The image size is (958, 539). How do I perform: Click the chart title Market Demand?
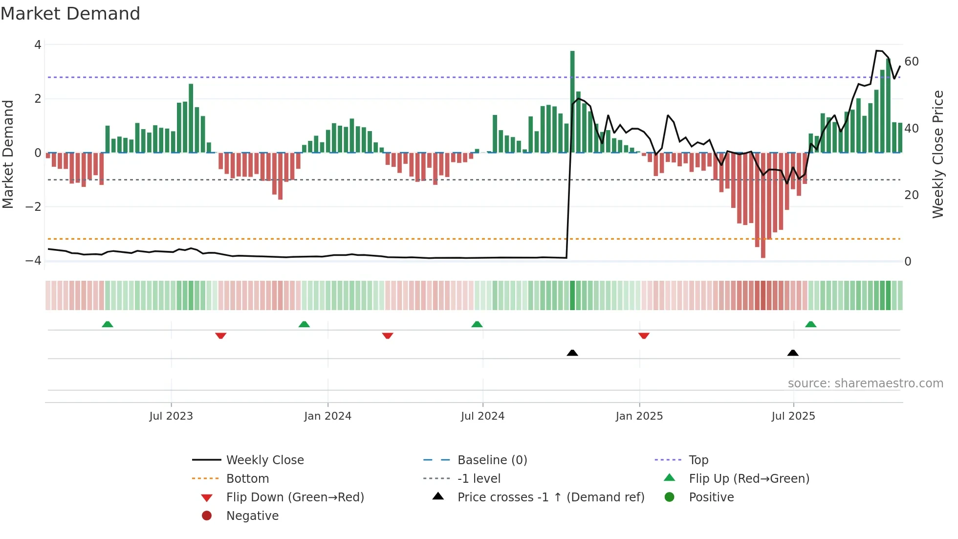[70, 14]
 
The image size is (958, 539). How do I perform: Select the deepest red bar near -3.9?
[763, 205]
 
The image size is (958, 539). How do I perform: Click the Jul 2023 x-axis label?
[171, 416]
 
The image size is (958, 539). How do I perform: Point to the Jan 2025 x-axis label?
[639, 416]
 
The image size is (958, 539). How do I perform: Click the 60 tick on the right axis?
[912, 62]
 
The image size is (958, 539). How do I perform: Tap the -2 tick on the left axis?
[33, 206]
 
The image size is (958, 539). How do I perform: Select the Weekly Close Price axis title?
[937, 154]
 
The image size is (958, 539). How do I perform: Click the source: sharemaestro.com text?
[865, 383]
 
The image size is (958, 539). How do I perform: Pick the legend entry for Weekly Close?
[264, 460]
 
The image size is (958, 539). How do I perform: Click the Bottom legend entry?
[247, 479]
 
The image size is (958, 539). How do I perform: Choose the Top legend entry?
[698, 460]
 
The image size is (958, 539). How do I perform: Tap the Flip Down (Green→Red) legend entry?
[295, 497]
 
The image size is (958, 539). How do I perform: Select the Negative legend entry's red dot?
[207, 516]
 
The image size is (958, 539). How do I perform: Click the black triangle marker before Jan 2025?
[572, 353]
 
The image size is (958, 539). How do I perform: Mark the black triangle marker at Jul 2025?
[793, 353]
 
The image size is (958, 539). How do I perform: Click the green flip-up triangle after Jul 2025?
[810, 324]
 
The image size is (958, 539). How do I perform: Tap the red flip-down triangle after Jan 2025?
[644, 336]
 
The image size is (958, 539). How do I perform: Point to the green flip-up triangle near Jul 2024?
[477, 324]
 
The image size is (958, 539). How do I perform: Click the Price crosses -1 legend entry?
[550, 497]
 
